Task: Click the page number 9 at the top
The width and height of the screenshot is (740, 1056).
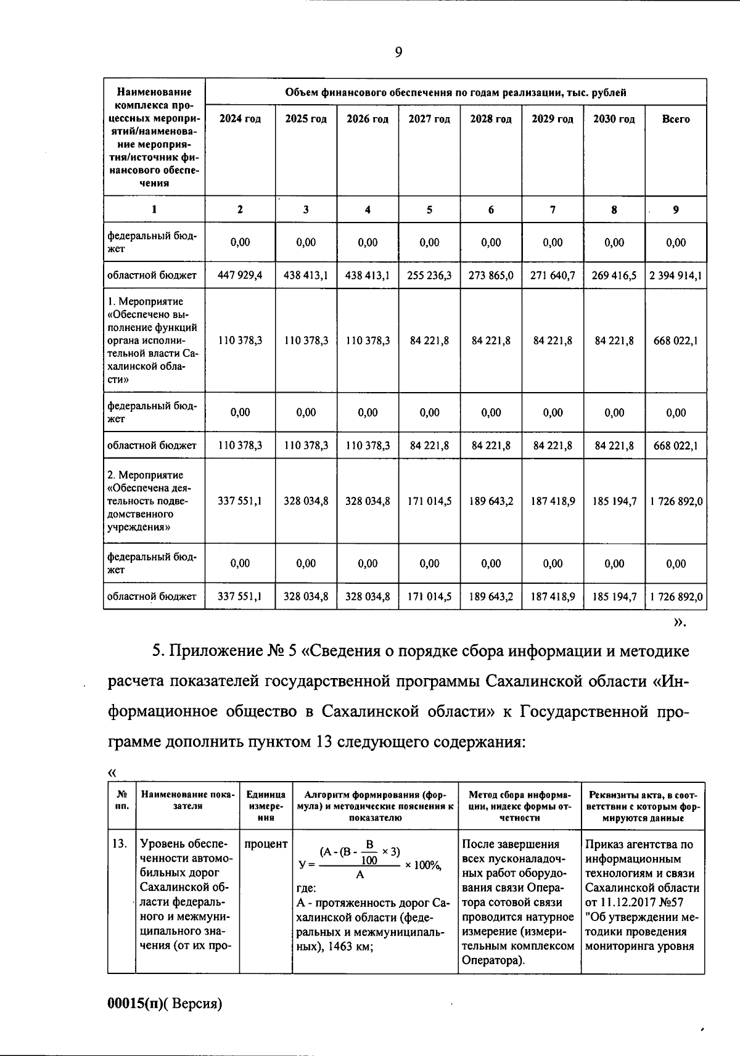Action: point(398,52)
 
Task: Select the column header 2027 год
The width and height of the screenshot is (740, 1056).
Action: point(429,119)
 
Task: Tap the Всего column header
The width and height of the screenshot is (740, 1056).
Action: point(676,119)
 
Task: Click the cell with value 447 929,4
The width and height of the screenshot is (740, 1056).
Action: point(240,276)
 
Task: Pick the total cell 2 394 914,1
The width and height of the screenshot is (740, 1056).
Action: point(676,276)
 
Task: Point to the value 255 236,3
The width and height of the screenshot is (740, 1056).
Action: point(429,276)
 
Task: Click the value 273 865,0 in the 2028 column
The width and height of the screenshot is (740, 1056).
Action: point(491,276)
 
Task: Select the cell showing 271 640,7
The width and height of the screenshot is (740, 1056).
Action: point(553,276)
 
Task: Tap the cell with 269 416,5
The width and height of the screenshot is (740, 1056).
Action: point(614,276)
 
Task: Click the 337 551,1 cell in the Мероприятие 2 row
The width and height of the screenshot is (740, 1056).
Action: point(240,501)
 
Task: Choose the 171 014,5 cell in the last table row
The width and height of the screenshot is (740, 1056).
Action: point(429,597)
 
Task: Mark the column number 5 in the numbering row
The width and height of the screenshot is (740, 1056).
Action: point(429,210)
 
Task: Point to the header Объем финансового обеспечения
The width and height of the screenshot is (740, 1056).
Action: point(455,92)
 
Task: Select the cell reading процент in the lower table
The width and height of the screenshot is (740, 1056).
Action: point(266,844)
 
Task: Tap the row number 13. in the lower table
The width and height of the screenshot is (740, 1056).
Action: point(120,844)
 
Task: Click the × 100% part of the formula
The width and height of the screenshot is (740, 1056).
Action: point(423,866)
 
